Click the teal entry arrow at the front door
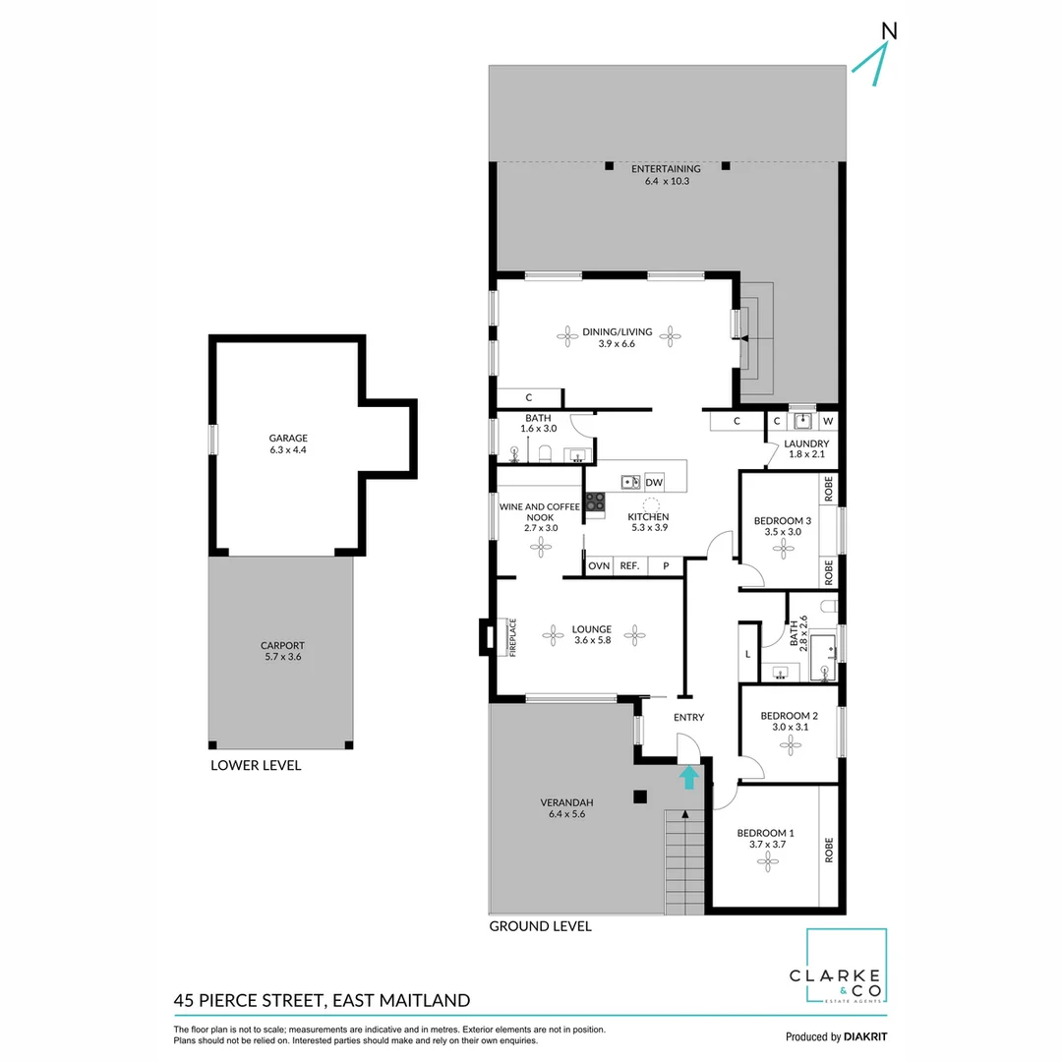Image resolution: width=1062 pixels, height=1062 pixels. (689, 778)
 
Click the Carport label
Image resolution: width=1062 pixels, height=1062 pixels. (281, 651)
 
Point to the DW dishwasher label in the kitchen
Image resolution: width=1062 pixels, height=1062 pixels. (654, 482)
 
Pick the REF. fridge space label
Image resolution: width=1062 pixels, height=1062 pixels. (629, 566)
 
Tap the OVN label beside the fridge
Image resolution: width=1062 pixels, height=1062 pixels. (598, 566)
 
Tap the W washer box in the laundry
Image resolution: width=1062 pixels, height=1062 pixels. (828, 422)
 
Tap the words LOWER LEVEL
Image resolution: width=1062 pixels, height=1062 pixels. (256, 765)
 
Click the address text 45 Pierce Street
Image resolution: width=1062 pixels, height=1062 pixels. (321, 1001)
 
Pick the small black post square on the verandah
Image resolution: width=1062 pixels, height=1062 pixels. (640, 797)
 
